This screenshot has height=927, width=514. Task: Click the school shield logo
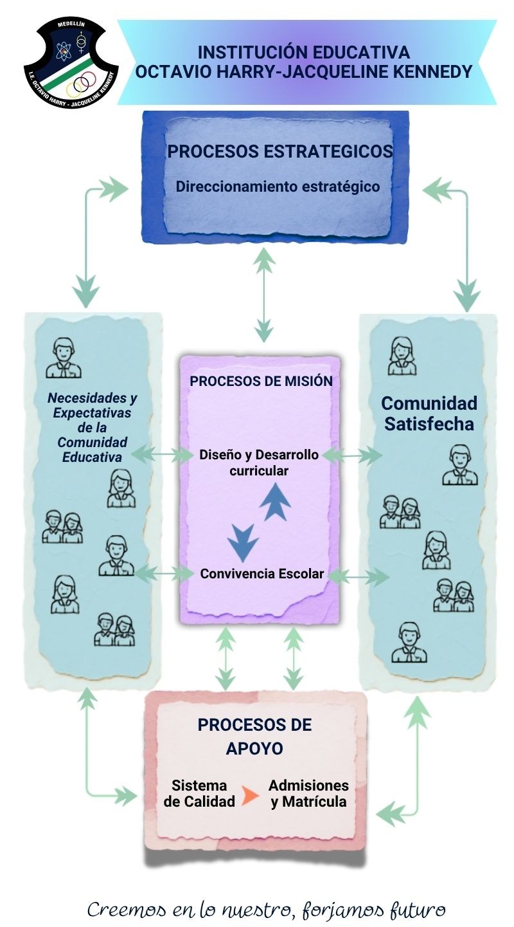[71, 63]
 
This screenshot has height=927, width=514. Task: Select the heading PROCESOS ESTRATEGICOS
[279, 151]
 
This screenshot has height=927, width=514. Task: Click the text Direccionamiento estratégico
[278, 187]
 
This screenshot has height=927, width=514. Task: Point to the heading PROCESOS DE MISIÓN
[261, 381]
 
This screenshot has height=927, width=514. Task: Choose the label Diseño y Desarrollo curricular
[259, 463]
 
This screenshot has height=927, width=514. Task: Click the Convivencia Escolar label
[262, 574]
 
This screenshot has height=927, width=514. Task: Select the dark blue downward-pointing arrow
[243, 543]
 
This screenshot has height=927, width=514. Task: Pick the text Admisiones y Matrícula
[308, 793]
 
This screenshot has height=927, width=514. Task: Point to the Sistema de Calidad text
[199, 793]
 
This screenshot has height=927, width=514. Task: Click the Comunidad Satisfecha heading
[429, 414]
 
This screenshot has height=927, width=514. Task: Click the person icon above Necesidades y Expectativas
[63, 358]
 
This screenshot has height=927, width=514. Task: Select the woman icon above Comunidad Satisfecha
[402, 356]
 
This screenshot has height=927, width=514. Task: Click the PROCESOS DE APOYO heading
[254, 736]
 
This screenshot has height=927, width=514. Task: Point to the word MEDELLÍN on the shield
[71, 24]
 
